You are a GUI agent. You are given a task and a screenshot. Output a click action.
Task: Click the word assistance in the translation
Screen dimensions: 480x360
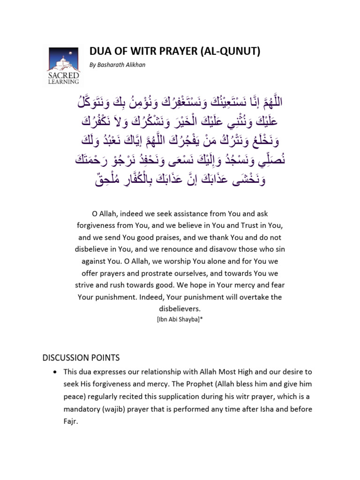[182, 213]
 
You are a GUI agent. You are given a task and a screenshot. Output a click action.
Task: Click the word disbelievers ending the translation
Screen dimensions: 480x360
[180, 309]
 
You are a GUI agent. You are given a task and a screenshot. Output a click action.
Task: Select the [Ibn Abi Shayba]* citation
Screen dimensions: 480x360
[180, 319]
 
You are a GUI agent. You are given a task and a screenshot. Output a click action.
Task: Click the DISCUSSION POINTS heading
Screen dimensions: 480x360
[81, 358]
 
